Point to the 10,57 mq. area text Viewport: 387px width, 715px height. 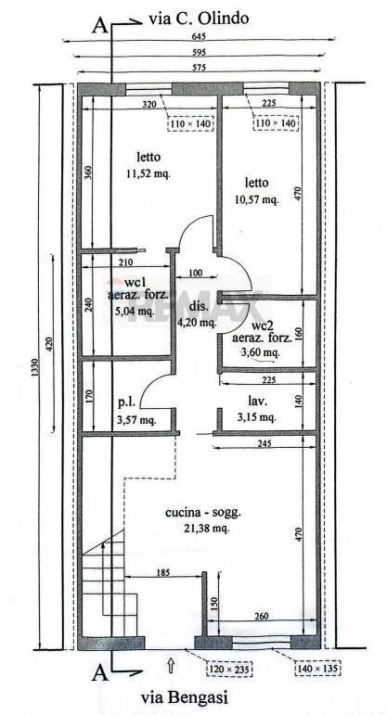coord(255,198)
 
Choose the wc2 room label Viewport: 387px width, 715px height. coord(264,326)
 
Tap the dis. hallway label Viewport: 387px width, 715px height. coord(197,307)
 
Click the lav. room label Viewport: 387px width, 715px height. coord(258,402)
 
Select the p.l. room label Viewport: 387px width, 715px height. coord(128,404)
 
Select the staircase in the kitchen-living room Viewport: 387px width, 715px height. coord(109,584)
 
